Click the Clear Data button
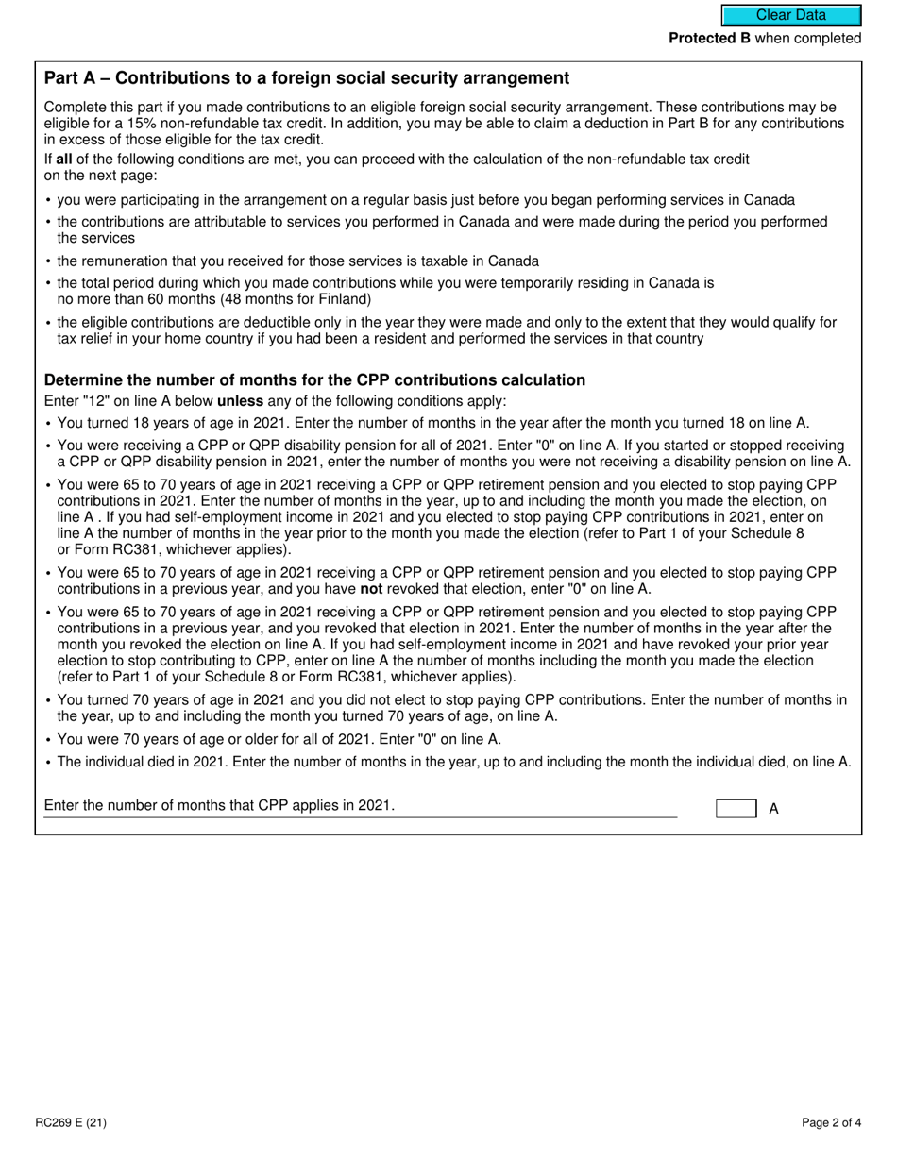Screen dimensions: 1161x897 pyautogui.click(x=790, y=15)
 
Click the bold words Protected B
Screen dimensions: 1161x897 pyautogui.click(x=708, y=39)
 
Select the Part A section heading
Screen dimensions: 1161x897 pyautogui.click(x=307, y=78)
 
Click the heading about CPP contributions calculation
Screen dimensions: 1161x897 pyautogui.click(x=314, y=380)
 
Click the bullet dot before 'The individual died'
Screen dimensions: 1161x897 pyautogui.click(x=48, y=763)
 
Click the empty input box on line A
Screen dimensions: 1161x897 pyautogui.click(x=736, y=808)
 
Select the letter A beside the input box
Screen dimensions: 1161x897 pyautogui.click(x=773, y=809)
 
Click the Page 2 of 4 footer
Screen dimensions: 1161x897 pyautogui.click(x=831, y=1122)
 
